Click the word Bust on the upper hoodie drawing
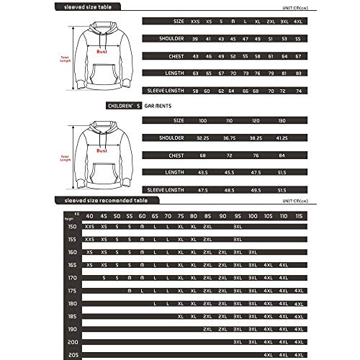tap(103, 53)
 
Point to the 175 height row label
tap(71, 289)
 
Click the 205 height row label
tap(71, 355)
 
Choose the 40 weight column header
tap(89, 215)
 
